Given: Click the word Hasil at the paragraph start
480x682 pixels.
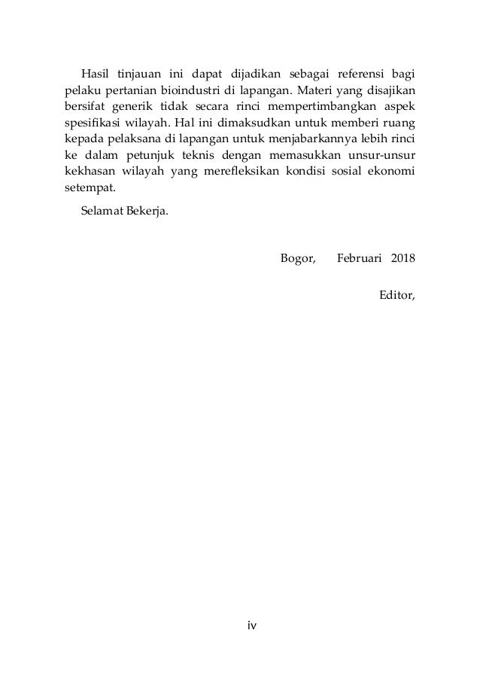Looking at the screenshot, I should [94, 74].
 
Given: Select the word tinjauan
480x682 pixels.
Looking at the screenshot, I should [139, 74].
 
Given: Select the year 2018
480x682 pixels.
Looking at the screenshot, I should [403, 259].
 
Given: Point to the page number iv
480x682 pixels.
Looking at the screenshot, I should [240, 625].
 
